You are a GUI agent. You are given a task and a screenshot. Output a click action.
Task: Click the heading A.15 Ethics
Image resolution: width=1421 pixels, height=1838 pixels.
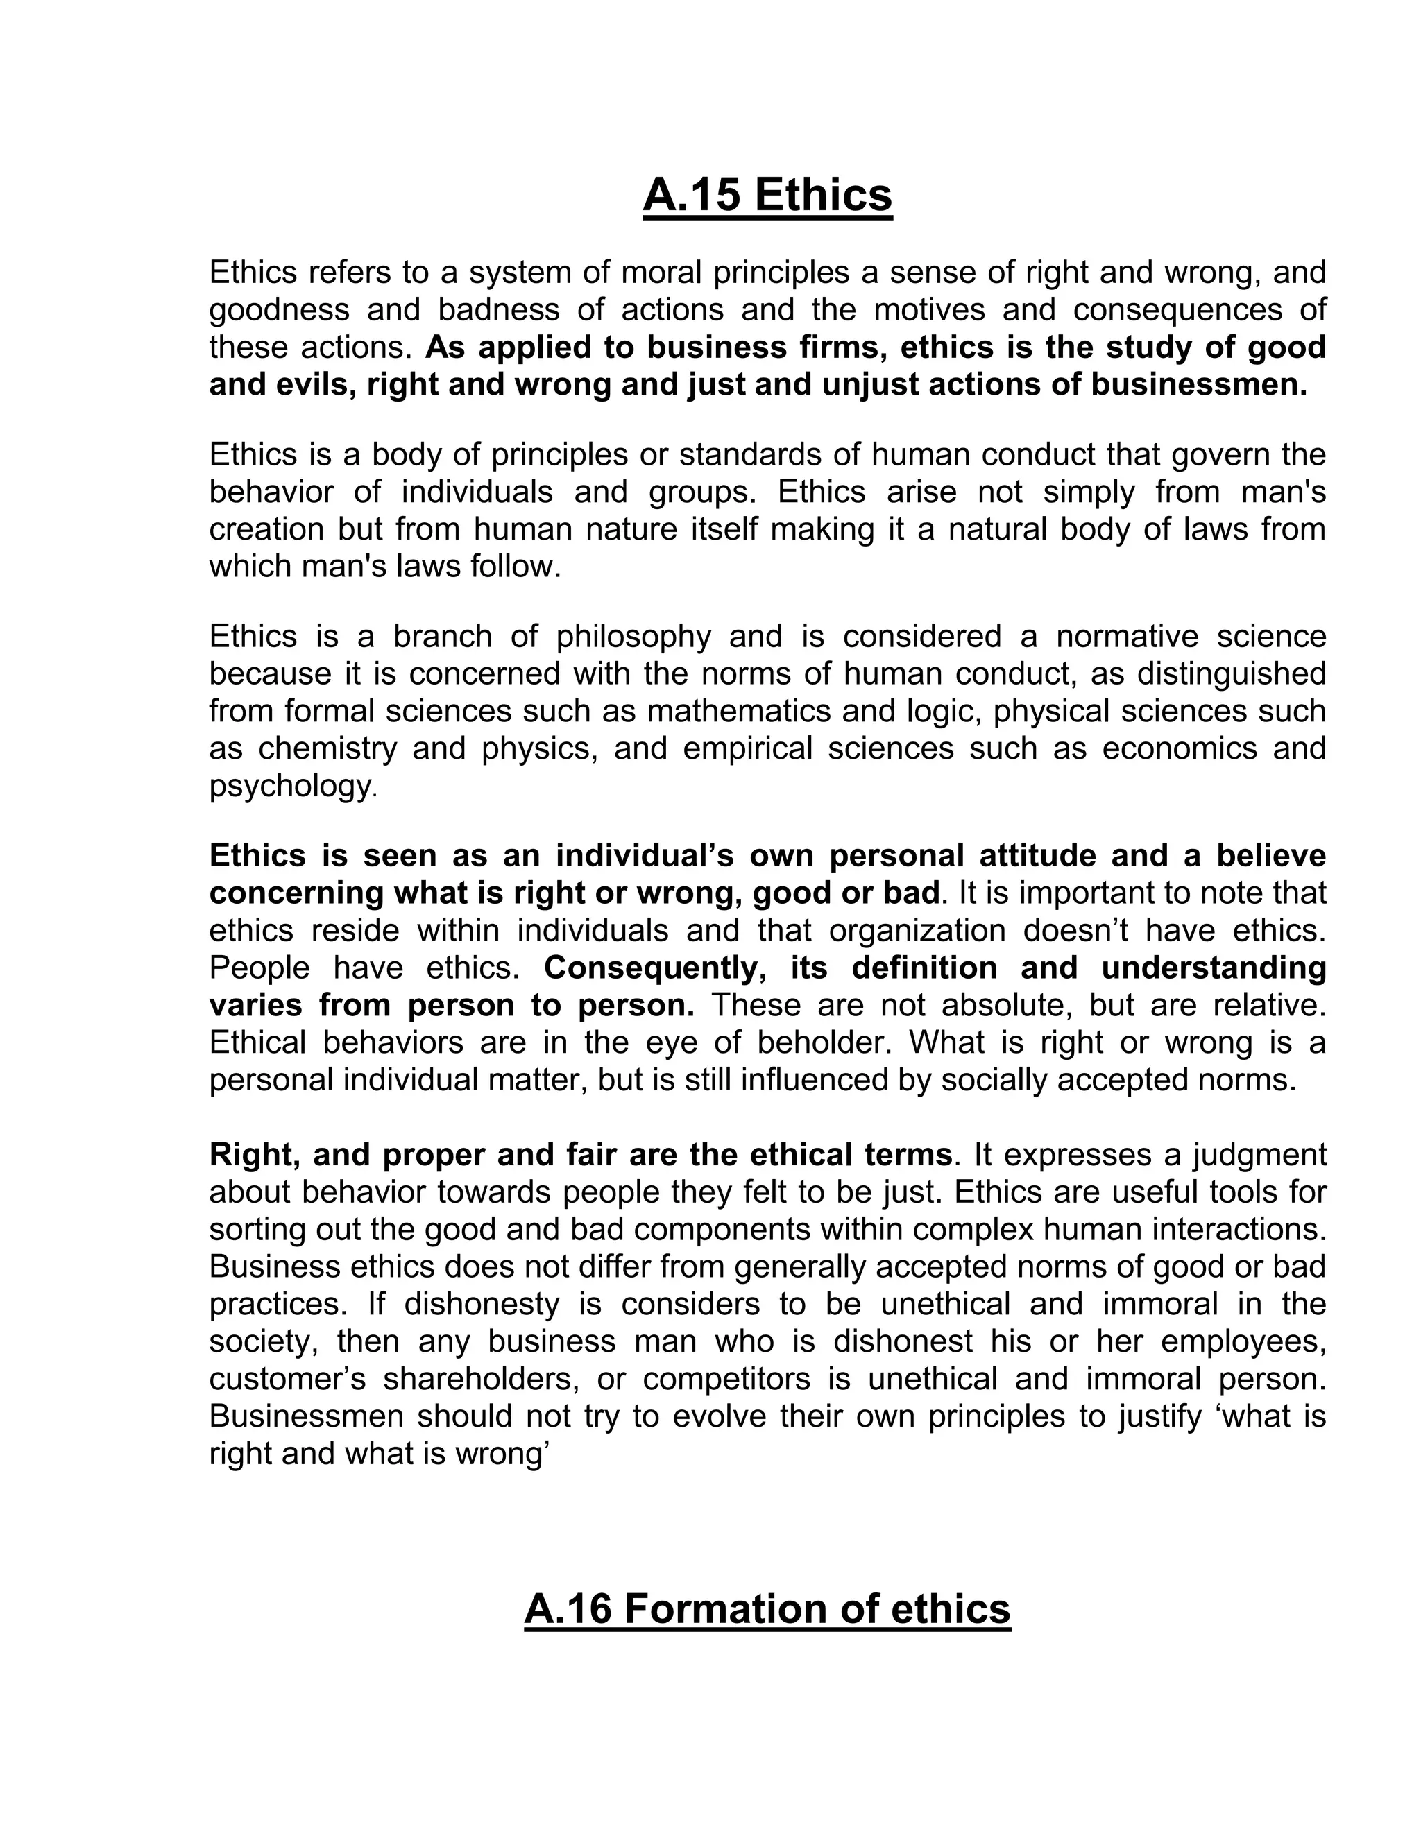tap(767, 196)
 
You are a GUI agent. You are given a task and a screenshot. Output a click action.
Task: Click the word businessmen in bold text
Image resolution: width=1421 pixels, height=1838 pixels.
tap(1199, 385)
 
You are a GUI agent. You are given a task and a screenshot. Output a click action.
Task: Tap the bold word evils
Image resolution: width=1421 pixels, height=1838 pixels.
tap(312, 385)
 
